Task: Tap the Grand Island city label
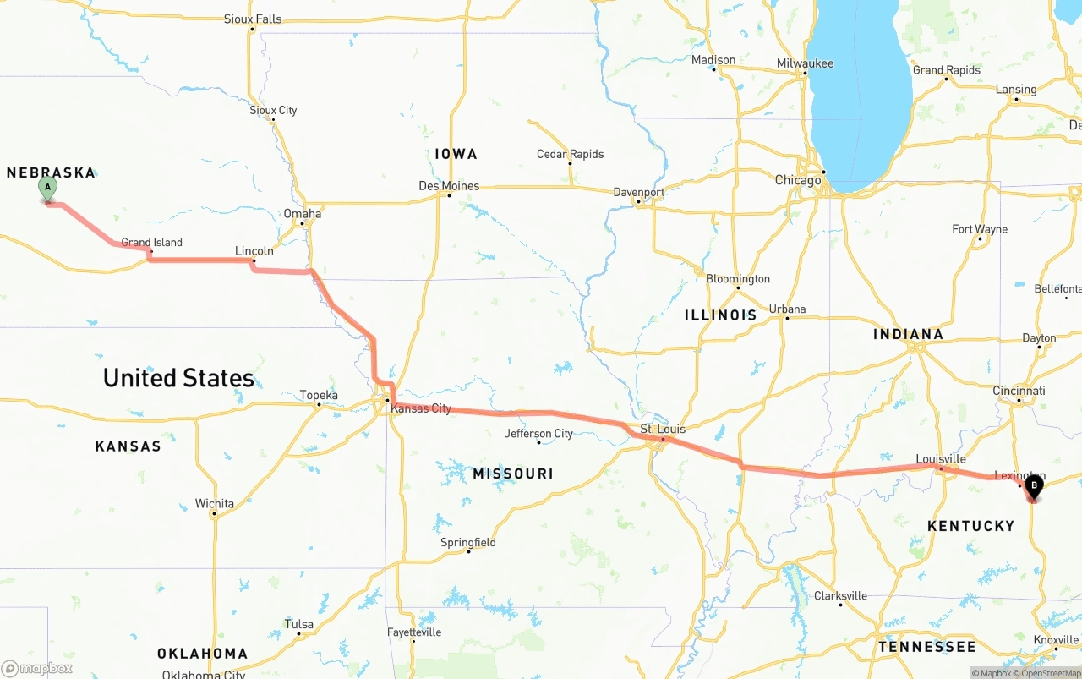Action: [151, 243]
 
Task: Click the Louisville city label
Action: [941, 459]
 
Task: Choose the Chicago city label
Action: [798, 180]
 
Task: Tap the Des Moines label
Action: [449, 186]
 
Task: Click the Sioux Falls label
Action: [253, 19]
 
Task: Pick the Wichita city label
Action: [214, 504]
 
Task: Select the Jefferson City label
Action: [538, 434]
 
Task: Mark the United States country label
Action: [178, 378]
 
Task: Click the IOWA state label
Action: [456, 154]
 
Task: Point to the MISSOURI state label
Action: [513, 474]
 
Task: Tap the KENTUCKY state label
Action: [970, 526]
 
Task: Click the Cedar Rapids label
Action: [570, 154]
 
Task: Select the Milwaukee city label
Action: [805, 63]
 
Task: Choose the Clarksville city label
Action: [840, 595]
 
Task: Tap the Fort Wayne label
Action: [979, 229]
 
